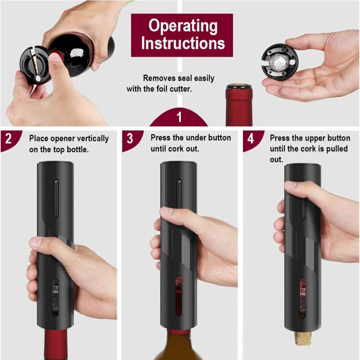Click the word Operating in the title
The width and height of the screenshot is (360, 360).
coord(182,26)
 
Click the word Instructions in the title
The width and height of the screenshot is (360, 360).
coord(182,43)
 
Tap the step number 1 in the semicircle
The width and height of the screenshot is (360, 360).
coord(179,117)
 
